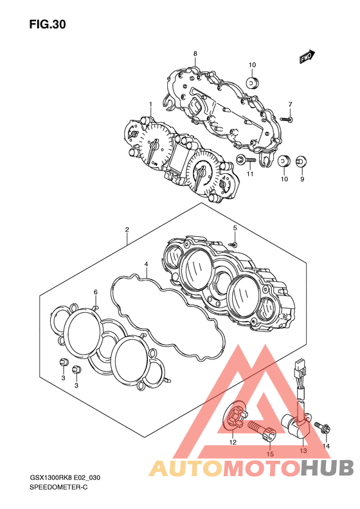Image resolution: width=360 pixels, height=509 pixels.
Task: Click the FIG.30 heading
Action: point(48,24)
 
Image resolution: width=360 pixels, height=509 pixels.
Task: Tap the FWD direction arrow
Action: point(307,57)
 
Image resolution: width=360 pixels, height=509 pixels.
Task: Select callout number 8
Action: point(195,53)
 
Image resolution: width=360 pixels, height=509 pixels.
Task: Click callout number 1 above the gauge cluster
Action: point(150,104)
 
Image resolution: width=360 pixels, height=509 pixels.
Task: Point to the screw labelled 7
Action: point(285,119)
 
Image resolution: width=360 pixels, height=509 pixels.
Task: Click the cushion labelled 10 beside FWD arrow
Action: point(252,83)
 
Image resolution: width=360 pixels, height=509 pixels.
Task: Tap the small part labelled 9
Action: point(301,162)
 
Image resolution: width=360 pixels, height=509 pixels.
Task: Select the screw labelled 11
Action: point(246,160)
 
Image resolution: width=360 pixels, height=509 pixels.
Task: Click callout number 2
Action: point(127,230)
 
